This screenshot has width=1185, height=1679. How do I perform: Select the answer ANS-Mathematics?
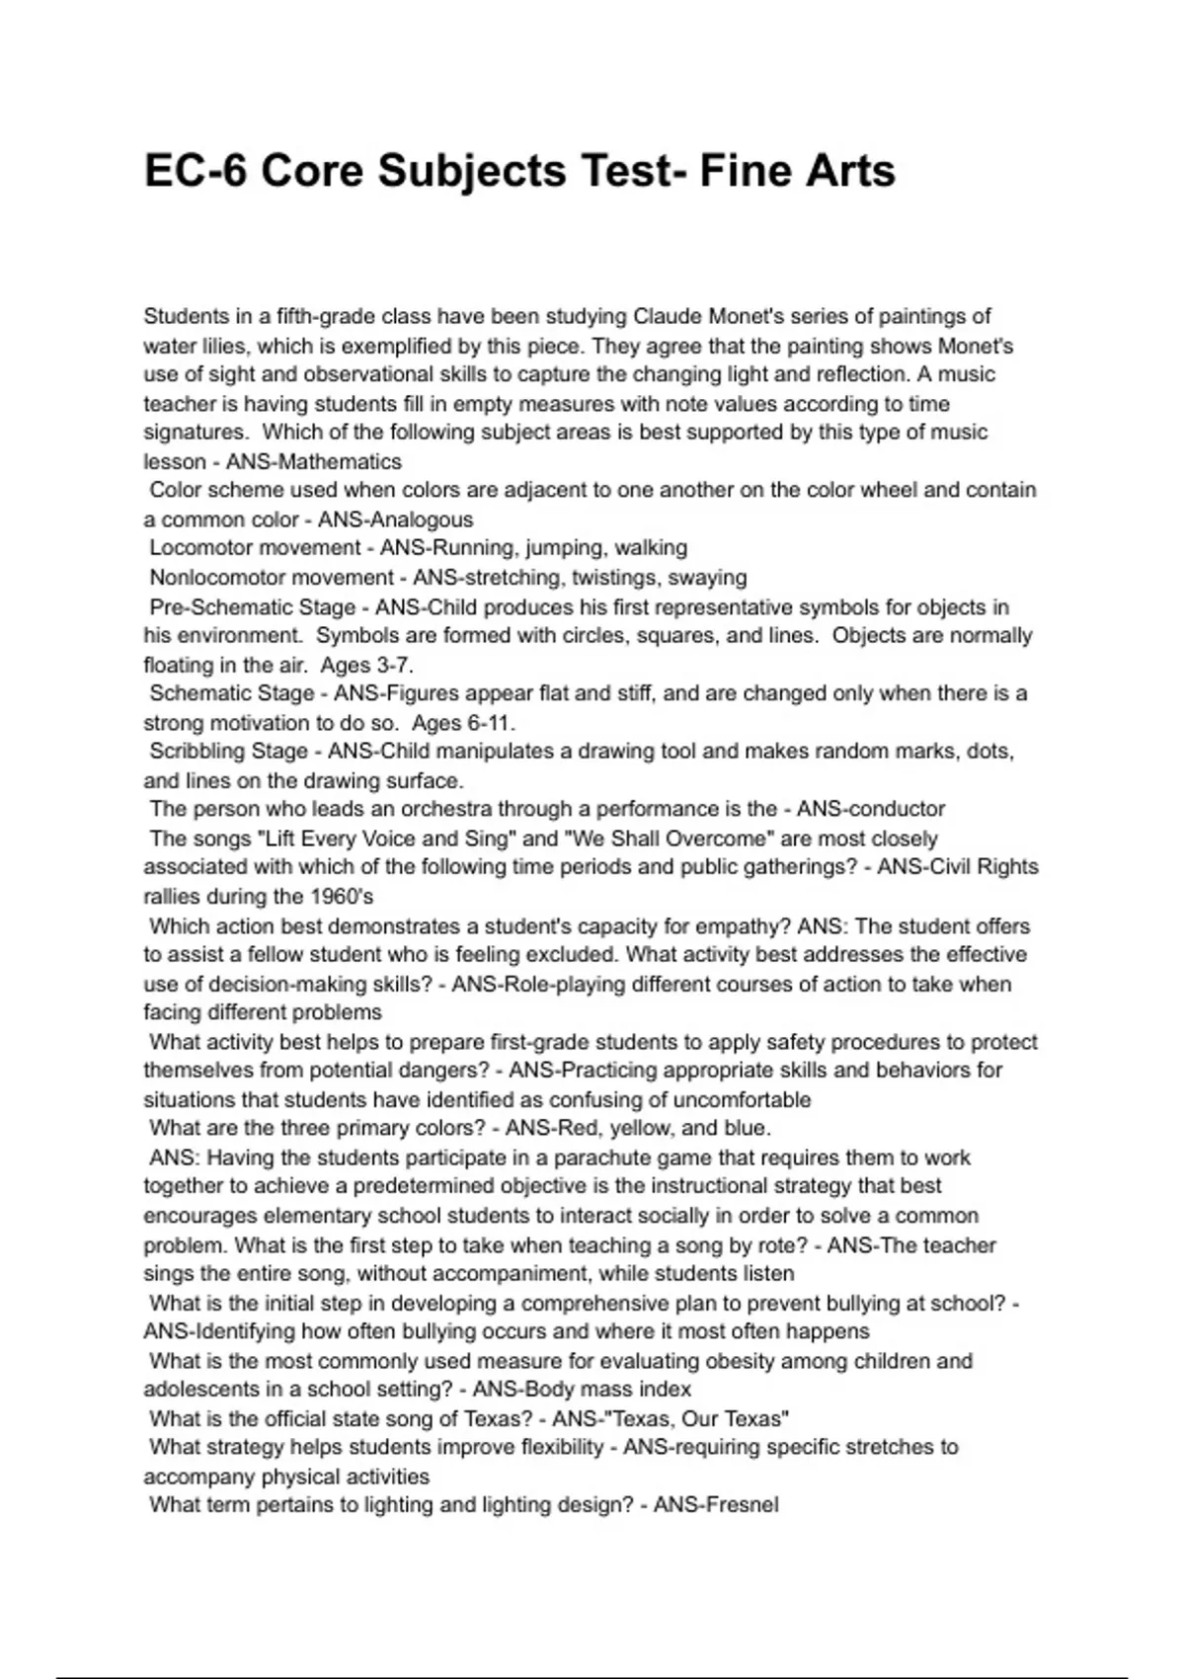(x=314, y=461)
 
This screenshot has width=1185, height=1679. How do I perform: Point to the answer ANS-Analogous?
(x=395, y=520)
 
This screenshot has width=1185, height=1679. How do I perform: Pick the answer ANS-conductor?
(x=871, y=810)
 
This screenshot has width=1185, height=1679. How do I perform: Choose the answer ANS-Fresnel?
(x=716, y=1505)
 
